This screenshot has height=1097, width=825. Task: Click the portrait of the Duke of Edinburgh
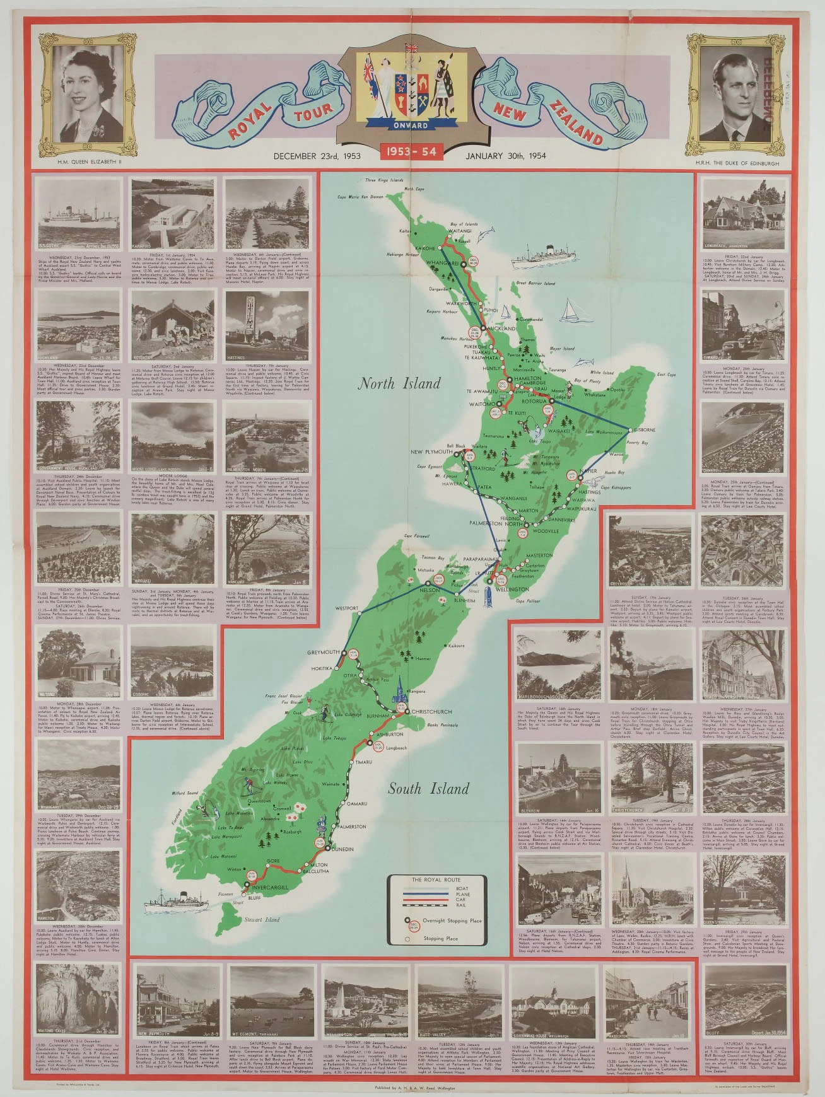(x=735, y=95)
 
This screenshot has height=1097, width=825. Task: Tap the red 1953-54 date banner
(x=412, y=151)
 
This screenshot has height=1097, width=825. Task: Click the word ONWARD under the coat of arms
(x=411, y=125)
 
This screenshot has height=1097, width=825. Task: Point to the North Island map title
(x=399, y=383)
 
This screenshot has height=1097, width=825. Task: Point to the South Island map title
(x=428, y=789)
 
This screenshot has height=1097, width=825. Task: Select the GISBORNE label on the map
(x=644, y=431)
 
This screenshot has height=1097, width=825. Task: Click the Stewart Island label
(x=262, y=920)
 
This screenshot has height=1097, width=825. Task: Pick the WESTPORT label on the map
(x=347, y=609)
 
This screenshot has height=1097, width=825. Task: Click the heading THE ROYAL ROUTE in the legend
(x=436, y=879)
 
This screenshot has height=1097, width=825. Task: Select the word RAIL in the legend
(x=461, y=905)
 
